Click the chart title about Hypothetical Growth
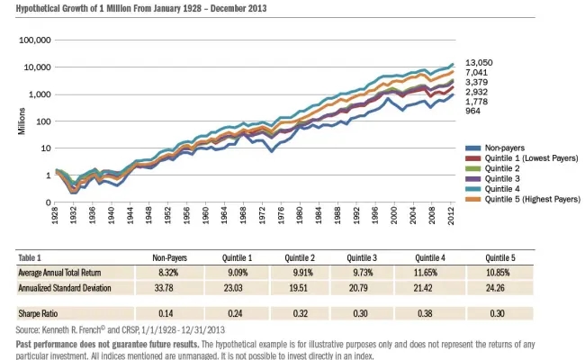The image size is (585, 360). [133, 8]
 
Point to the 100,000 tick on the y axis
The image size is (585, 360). [32, 40]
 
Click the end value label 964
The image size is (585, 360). [472, 111]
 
